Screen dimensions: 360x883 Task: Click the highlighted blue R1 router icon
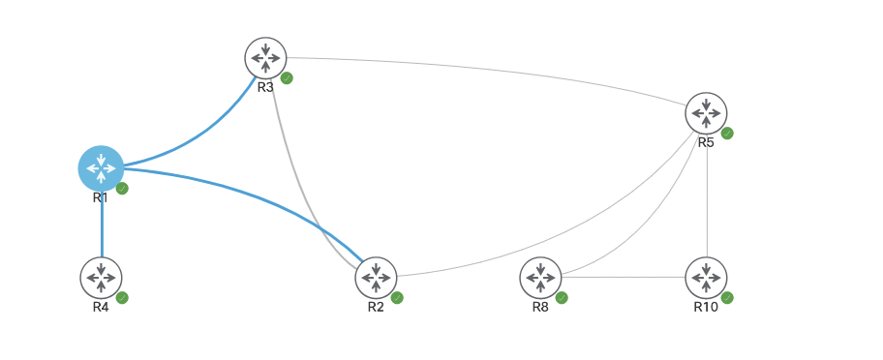pos(101,168)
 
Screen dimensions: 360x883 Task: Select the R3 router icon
pos(265,58)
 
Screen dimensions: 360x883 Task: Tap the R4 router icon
pos(101,277)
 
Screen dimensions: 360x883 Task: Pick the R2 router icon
pos(376,277)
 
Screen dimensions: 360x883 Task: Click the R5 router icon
pos(706,113)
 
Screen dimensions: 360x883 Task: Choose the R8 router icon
pos(540,277)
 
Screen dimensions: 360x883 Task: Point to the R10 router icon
pos(706,277)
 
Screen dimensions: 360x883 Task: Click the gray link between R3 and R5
pos(484,69)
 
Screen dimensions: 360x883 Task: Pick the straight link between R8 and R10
pos(623,278)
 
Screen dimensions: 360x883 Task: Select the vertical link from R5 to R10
pos(707,203)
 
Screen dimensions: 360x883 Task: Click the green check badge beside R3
pos(287,78)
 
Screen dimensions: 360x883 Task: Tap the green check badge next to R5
pos(727,134)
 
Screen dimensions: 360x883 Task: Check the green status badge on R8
pos(562,297)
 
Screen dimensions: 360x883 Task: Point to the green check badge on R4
pos(122,297)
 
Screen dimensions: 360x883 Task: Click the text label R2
pos(376,307)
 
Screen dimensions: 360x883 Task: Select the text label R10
pos(706,307)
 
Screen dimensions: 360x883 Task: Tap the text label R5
pos(706,142)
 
